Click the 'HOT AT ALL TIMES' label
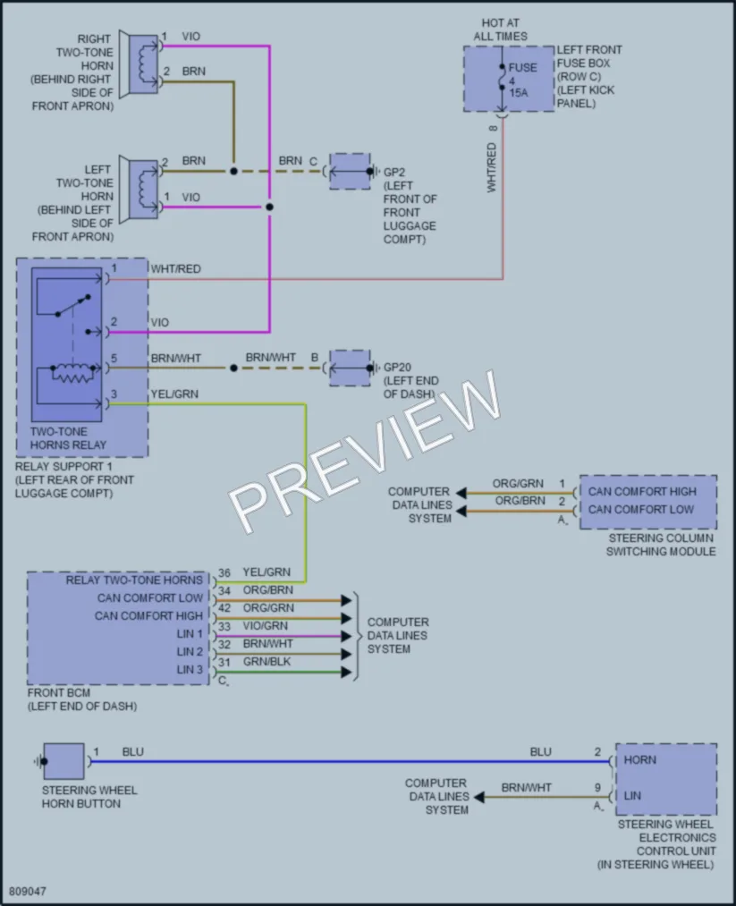pyautogui.click(x=500, y=30)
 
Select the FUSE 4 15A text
pyautogui.click(x=522, y=80)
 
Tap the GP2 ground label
pyautogui.click(x=394, y=173)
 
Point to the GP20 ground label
pyautogui.click(x=397, y=367)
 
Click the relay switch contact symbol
pyautogui.click(x=73, y=305)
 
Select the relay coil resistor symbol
pyautogui.click(x=72, y=374)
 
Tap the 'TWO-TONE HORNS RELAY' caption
pyautogui.click(x=68, y=438)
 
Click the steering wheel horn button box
pyautogui.click(x=63, y=761)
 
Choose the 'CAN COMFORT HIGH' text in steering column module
pyautogui.click(x=642, y=492)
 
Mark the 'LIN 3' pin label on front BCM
pyautogui.click(x=190, y=670)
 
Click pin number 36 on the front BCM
pyautogui.click(x=224, y=572)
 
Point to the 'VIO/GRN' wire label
pyautogui.click(x=266, y=626)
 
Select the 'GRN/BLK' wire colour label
pyautogui.click(x=266, y=662)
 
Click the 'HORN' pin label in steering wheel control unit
pyautogui.click(x=639, y=760)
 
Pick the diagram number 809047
pyautogui.click(x=28, y=891)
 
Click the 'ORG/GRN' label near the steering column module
pyautogui.click(x=518, y=484)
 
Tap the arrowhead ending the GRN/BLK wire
pyautogui.click(x=347, y=672)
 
